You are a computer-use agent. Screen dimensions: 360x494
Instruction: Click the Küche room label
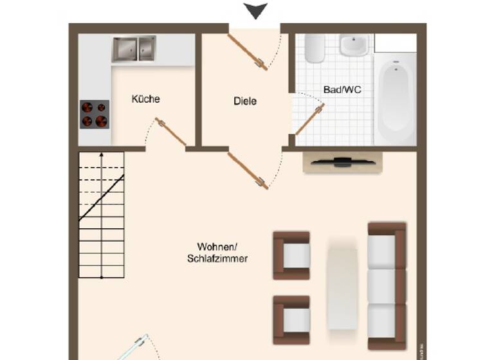point(145,99)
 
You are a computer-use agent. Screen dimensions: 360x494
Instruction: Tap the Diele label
point(244,101)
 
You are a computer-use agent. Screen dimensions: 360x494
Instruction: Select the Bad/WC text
point(342,90)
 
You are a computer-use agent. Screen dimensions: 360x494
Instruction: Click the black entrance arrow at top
point(256,11)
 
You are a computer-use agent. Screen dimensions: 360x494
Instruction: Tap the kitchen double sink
point(134,49)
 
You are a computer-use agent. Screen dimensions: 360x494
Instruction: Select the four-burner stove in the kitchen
point(94,114)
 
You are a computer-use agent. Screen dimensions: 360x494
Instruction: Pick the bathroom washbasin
point(354,45)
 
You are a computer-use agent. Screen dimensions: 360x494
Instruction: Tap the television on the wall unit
point(343,161)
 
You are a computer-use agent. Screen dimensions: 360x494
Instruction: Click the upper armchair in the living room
point(292,255)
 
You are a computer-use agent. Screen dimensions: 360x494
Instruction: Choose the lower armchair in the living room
point(292,319)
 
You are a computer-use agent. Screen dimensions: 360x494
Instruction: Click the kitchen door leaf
point(171,132)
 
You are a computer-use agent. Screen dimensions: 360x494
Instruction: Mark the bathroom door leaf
point(309,120)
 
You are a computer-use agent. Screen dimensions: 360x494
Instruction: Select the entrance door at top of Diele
point(248,51)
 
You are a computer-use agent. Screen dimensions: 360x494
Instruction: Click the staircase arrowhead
point(101,155)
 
